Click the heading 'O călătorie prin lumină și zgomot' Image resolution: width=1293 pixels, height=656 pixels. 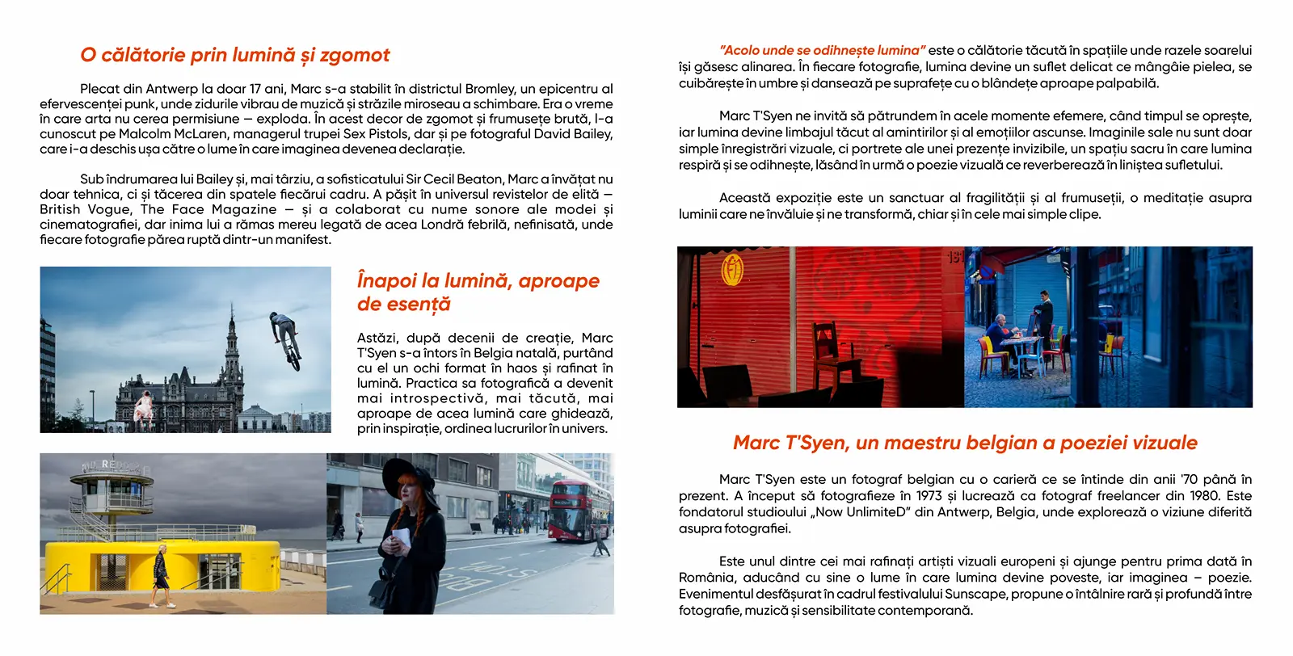pyautogui.click(x=234, y=55)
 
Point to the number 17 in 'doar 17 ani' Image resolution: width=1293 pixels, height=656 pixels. pyautogui.click(x=255, y=89)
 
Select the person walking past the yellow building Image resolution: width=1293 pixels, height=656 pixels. pyautogui.click(x=162, y=575)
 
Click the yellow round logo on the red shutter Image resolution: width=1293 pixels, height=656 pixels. pyautogui.click(x=732, y=270)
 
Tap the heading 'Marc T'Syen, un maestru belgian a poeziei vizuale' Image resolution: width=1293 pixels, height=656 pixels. pyautogui.click(x=965, y=443)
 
